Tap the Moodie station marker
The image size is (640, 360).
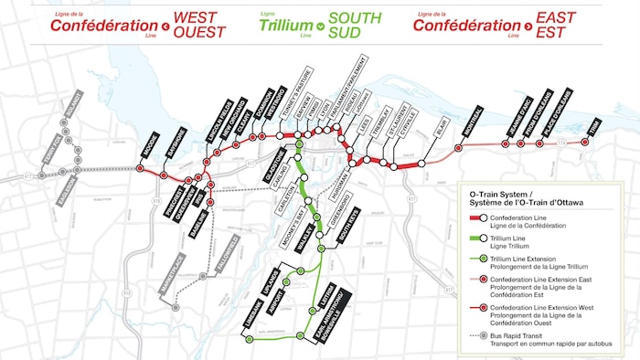click(x=140, y=168)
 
